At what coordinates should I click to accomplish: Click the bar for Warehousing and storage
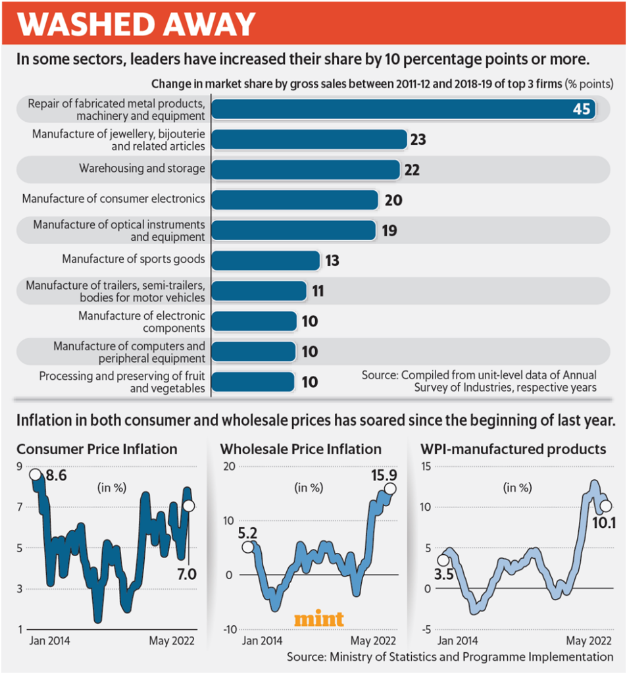click(x=306, y=169)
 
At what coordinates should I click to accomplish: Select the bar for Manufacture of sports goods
click(x=266, y=260)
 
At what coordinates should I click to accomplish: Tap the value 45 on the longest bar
click(x=582, y=109)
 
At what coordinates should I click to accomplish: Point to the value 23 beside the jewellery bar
click(x=418, y=140)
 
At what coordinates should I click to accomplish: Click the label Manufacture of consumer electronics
click(x=113, y=199)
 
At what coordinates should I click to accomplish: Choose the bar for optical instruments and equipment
click(x=293, y=230)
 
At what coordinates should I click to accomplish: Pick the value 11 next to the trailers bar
click(x=318, y=291)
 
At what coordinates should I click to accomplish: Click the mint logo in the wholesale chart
click(x=318, y=619)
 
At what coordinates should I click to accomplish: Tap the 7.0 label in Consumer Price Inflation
click(x=187, y=574)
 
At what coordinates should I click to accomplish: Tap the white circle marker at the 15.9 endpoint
click(x=390, y=489)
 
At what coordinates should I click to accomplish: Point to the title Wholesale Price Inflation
click(x=301, y=450)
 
